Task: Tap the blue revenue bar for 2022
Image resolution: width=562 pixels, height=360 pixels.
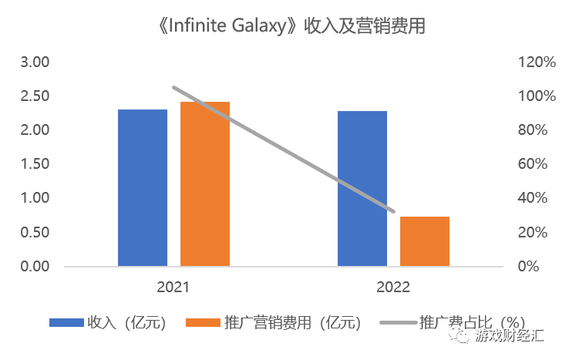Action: click(x=362, y=188)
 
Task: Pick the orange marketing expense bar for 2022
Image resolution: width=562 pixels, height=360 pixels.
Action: click(x=425, y=241)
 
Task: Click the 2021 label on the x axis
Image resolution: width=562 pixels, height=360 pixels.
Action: click(x=173, y=287)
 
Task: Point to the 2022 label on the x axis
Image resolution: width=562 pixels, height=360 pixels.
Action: click(x=393, y=287)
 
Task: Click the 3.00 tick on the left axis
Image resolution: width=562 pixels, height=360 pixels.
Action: click(x=34, y=62)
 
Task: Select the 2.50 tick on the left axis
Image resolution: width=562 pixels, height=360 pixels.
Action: click(x=34, y=96)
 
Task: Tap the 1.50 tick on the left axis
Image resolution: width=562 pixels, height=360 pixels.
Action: click(x=34, y=164)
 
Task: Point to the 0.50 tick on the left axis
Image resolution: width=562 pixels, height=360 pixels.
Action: click(x=34, y=232)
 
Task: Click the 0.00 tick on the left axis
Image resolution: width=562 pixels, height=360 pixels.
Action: click(x=34, y=267)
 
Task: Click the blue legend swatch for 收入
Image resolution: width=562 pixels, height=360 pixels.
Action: click(x=66, y=322)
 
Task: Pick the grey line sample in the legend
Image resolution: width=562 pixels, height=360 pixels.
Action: click(x=398, y=322)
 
